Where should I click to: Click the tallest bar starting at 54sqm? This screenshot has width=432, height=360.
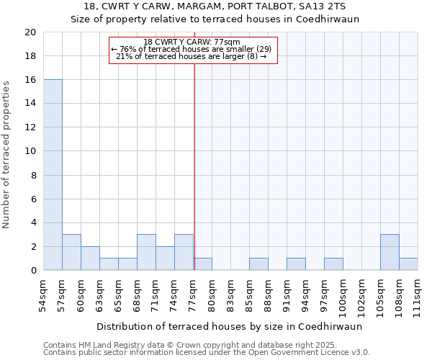[x=53, y=175]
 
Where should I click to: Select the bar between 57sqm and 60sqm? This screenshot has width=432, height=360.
[x=71, y=252]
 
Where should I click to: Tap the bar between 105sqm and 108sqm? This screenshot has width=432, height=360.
[x=390, y=252]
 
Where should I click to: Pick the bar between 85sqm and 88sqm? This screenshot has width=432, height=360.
[x=258, y=264]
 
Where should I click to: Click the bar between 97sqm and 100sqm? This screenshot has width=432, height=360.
[x=333, y=264]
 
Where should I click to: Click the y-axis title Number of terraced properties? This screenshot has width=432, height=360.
[x=7, y=155]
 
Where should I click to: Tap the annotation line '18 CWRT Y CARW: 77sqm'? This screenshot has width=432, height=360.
[x=192, y=42]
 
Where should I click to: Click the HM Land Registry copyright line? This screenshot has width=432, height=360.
[x=196, y=345]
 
